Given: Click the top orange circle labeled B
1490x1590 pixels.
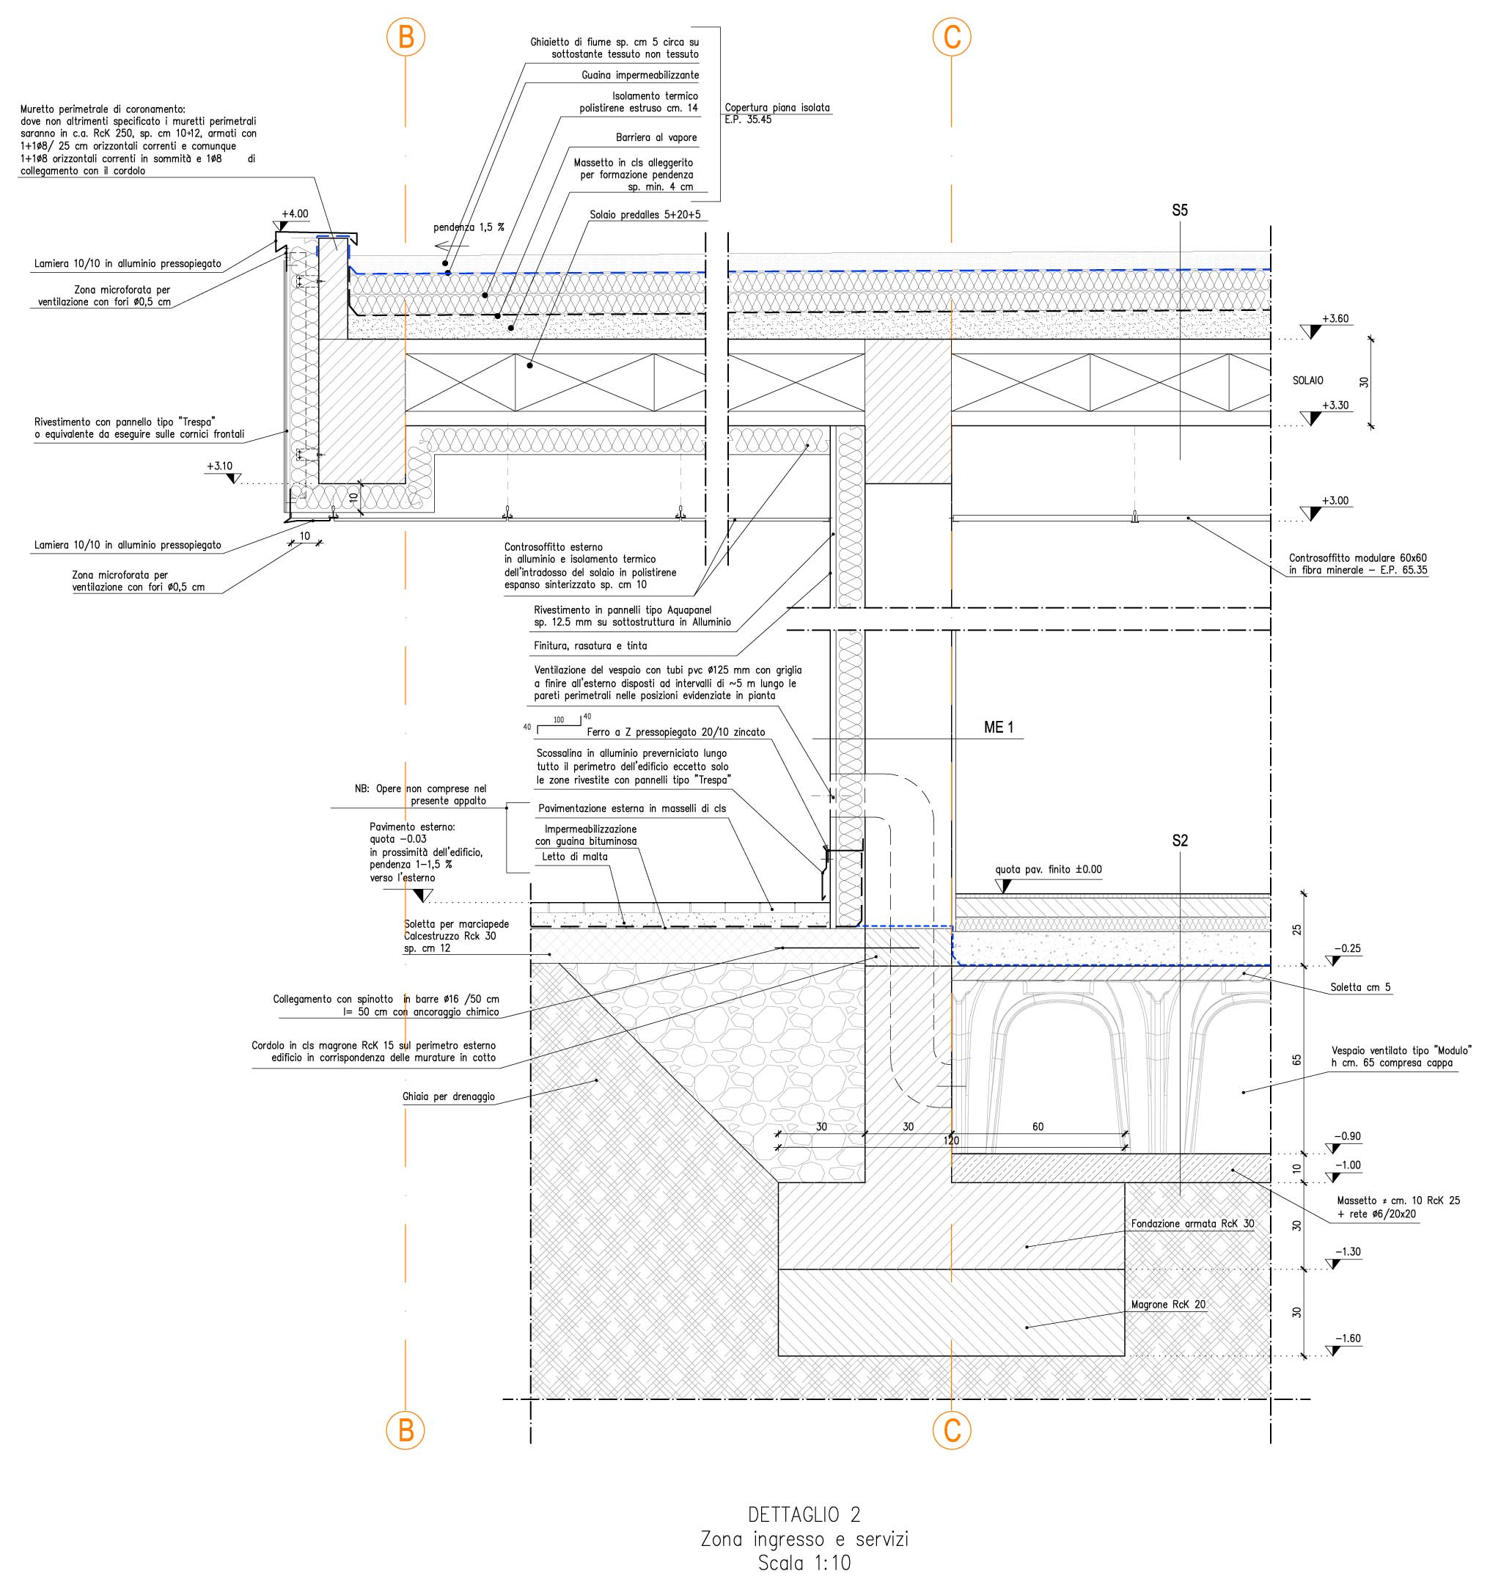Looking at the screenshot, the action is tap(405, 37).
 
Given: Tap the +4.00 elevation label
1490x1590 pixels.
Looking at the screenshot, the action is tap(294, 214).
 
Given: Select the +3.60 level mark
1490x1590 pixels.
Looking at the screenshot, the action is tap(1335, 318).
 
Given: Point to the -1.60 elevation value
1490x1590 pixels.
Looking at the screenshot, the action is tap(1348, 1338).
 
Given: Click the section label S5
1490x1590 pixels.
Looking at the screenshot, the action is tap(1180, 210).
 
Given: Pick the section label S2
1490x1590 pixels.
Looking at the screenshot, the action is tap(1180, 840).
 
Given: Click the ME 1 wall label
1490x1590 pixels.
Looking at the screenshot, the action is tap(998, 727).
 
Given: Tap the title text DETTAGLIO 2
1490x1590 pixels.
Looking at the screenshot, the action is tap(804, 1514).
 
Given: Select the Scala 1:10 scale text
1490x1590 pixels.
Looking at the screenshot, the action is tap(804, 1562).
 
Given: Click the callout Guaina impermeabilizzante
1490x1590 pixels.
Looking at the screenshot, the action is tap(640, 76).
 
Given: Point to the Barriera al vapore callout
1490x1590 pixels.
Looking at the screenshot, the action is tap(656, 138).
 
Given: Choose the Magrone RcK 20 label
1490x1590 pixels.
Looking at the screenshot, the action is tap(1167, 1305).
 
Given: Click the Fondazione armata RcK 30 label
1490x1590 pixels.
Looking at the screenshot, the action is tap(1192, 1224).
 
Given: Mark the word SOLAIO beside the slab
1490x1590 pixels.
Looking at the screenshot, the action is tap(1307, 381).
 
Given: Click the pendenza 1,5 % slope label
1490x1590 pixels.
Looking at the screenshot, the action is tap(469, 227).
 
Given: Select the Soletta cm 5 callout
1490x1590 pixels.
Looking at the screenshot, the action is tap(1360, 987).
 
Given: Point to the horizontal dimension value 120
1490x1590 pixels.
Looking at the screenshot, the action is tap(951, 1140).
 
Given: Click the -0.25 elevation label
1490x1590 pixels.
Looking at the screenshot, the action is tap(1348, 948).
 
